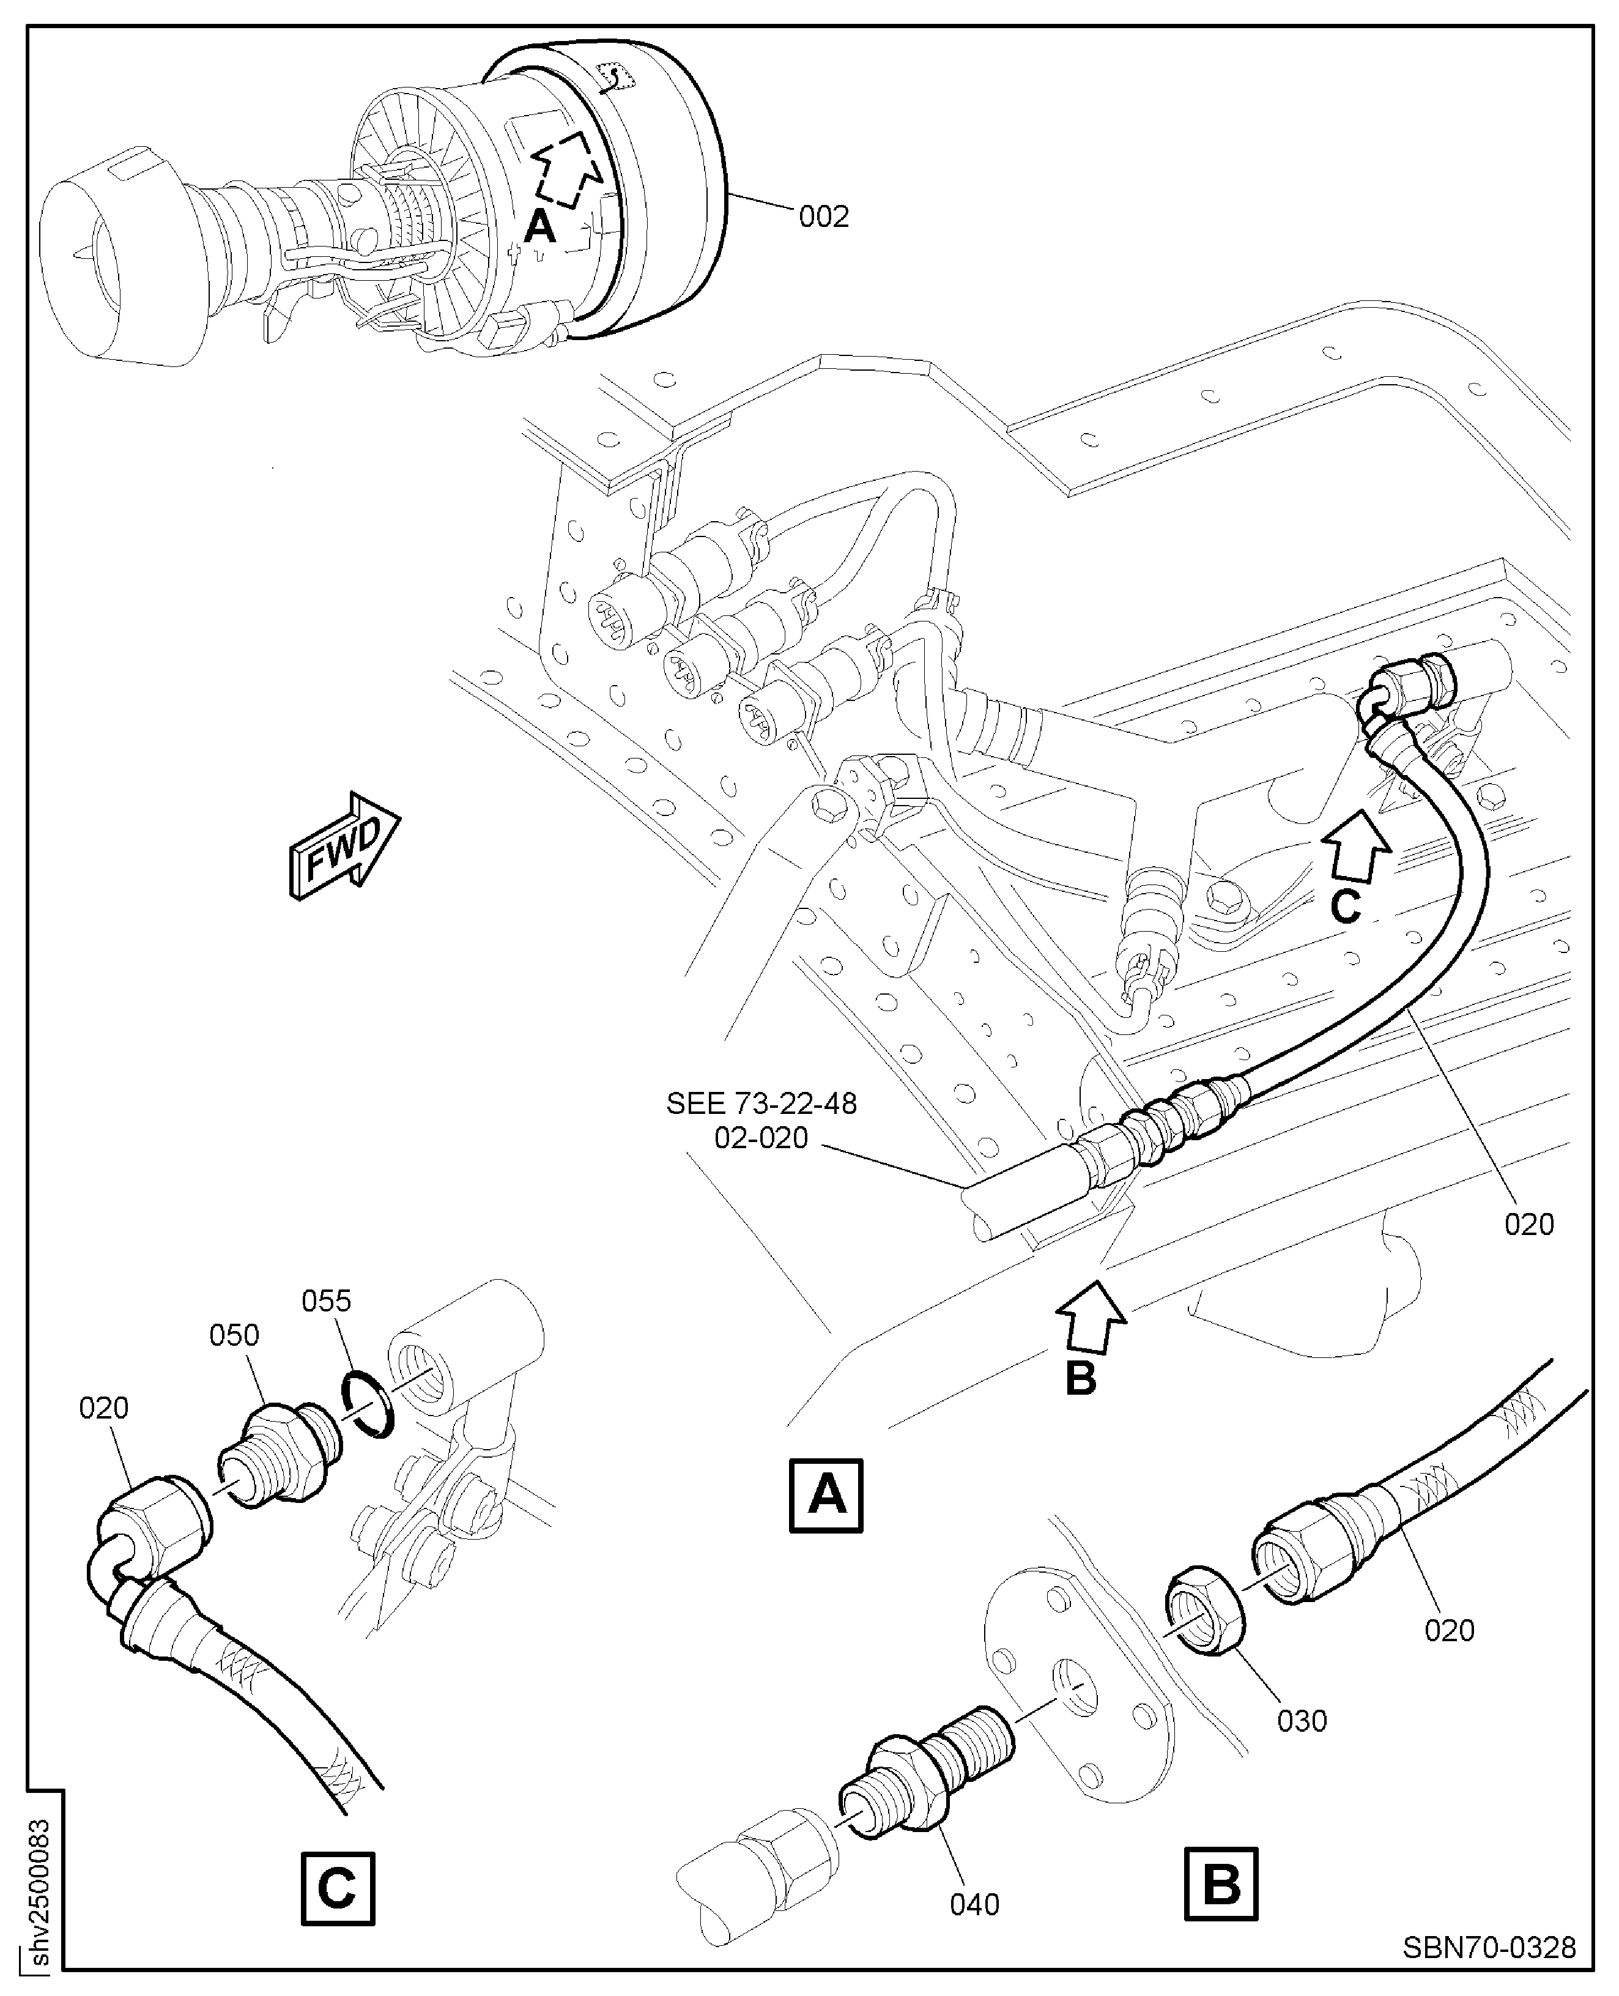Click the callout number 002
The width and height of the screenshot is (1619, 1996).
[823, 217]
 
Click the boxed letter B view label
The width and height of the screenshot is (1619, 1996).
[1221, 1883]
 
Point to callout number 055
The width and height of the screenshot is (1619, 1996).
[327, 1300]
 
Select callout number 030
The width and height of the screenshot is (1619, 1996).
[1302, 1720]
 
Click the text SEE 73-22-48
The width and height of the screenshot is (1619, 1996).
[761, 1104]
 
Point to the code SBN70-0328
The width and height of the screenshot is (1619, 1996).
[1489, 1948]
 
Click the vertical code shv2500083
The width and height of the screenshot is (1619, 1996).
[40, 1893]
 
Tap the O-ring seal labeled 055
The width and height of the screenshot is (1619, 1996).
[366, 1404]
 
